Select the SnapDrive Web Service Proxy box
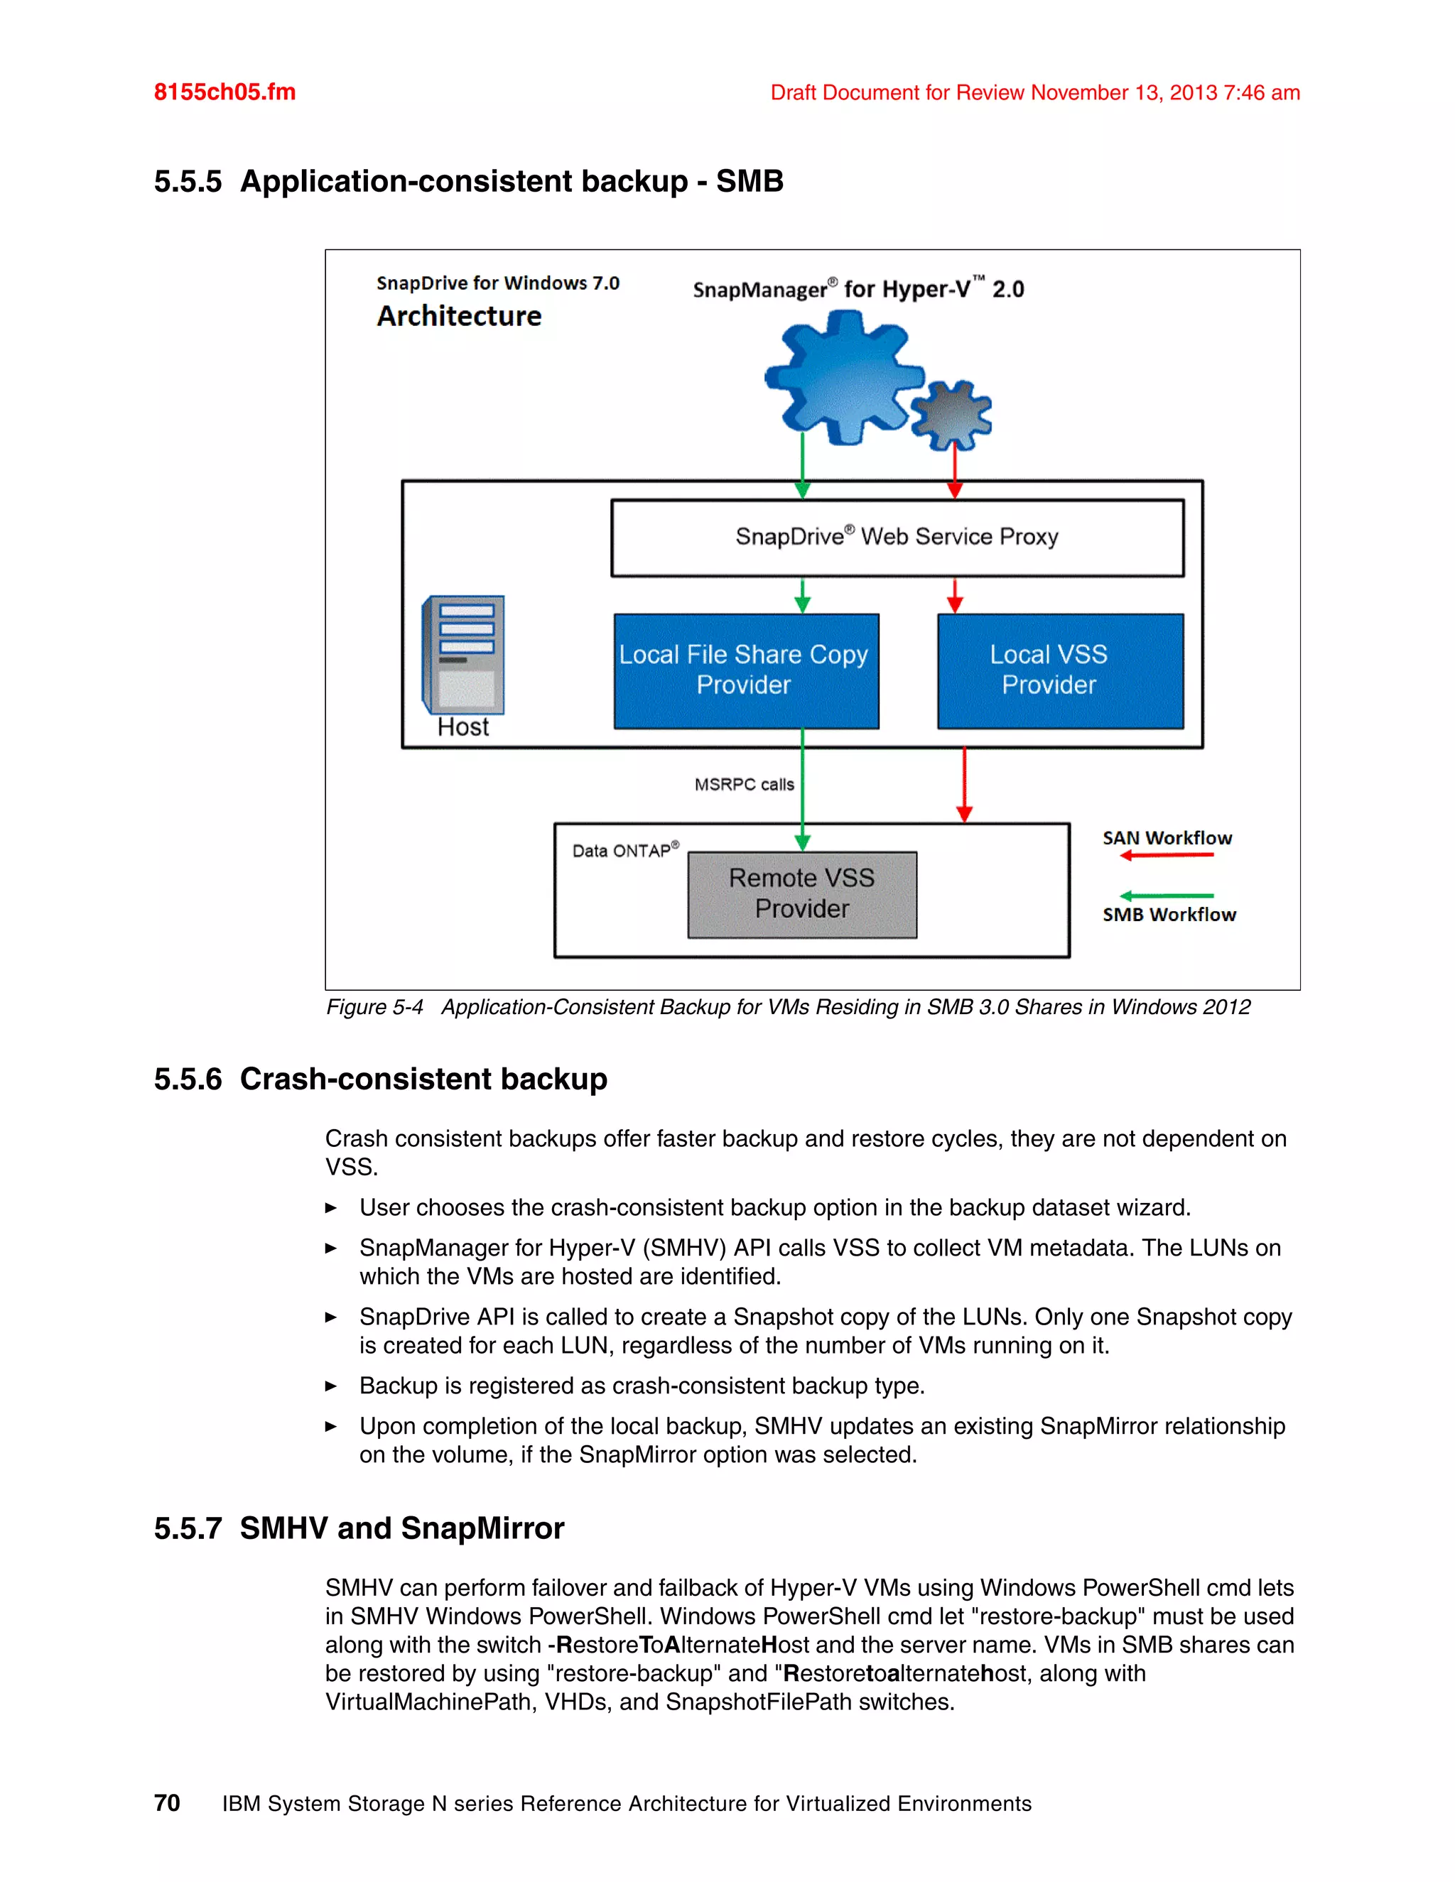[x=897, y=538]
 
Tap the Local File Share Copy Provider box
[x=745, y=670]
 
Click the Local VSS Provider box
[x=1059, y=670]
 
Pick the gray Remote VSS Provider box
[x=801, y=894]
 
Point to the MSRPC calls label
[x=744, y=784]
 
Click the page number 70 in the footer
[x=166, y=1802]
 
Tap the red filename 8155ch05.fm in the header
[x=224, y=92]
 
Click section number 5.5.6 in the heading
[x=187, y=1079]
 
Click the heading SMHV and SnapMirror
[x=401, y=1528]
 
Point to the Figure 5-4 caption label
[x=374, y=1006]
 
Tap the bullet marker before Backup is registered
[x=330, y=1386]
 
